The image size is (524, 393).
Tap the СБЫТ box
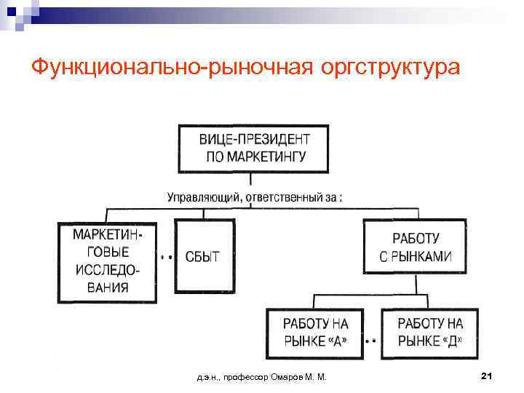202,258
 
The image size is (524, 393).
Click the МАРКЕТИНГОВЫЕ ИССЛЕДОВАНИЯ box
107,261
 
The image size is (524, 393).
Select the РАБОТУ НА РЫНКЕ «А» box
315,333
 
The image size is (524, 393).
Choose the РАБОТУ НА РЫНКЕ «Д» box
430,333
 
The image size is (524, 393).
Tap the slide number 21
488,376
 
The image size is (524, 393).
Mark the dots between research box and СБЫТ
164,257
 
